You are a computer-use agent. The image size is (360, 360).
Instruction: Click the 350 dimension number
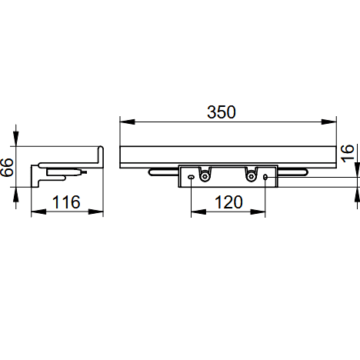pos(222,112)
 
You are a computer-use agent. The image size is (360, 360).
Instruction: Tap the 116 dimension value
pos(66,202)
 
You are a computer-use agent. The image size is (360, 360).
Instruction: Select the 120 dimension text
pos(228,202)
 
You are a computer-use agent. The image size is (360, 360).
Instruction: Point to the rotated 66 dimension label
pos(7,167)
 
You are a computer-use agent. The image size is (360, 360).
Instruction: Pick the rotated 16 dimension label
pos(347,153)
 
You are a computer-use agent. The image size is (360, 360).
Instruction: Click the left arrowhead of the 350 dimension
pos(128,122)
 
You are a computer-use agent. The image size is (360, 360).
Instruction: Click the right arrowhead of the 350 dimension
pos(328,122)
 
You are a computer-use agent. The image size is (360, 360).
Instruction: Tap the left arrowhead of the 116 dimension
pos(38,212)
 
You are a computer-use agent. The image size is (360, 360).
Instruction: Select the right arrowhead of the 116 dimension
pos(95,212)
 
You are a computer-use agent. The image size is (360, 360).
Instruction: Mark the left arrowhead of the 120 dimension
pos(198,212)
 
